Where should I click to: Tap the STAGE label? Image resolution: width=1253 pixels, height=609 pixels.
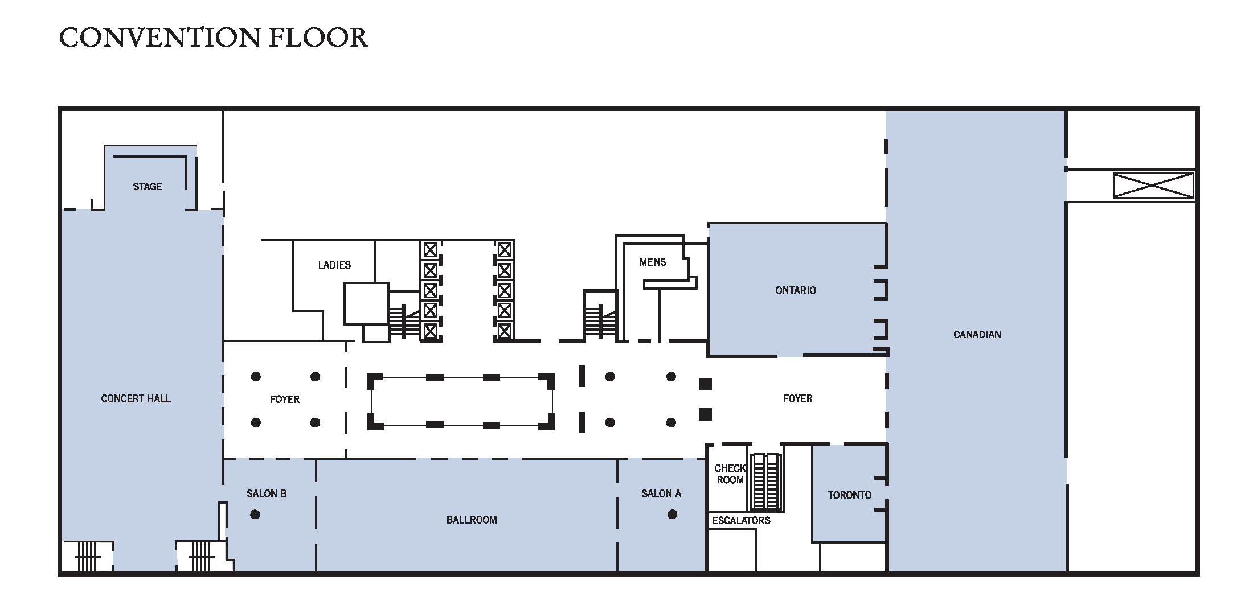point(147,187)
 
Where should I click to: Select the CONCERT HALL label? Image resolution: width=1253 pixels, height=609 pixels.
point(136,398)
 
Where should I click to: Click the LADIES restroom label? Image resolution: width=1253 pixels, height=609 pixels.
point(334,265)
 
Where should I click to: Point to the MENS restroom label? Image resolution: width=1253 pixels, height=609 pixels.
point(652,262)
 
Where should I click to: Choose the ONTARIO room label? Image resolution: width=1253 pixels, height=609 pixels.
point(795,290)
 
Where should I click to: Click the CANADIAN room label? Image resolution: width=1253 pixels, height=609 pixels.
point(977,335)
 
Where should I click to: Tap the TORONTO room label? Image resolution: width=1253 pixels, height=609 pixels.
point(849,495)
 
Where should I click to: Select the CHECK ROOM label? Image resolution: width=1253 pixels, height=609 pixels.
point(730,474)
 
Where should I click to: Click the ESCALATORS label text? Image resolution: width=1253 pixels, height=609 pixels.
point(741,520)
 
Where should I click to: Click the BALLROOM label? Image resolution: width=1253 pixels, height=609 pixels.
point(471,520)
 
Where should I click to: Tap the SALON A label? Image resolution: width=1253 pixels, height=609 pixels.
point(661,493)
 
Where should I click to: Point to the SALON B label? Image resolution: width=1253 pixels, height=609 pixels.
point(266,493)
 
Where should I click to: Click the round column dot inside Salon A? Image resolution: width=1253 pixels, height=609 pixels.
point(672,515)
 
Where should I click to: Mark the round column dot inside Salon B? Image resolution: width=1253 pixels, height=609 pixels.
point(255,515)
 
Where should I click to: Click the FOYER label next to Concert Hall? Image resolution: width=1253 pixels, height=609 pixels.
point(284,400)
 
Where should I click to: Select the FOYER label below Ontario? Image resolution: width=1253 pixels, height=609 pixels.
point(797,399)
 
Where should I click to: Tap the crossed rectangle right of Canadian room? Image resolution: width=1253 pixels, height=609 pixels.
point(1153,186)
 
